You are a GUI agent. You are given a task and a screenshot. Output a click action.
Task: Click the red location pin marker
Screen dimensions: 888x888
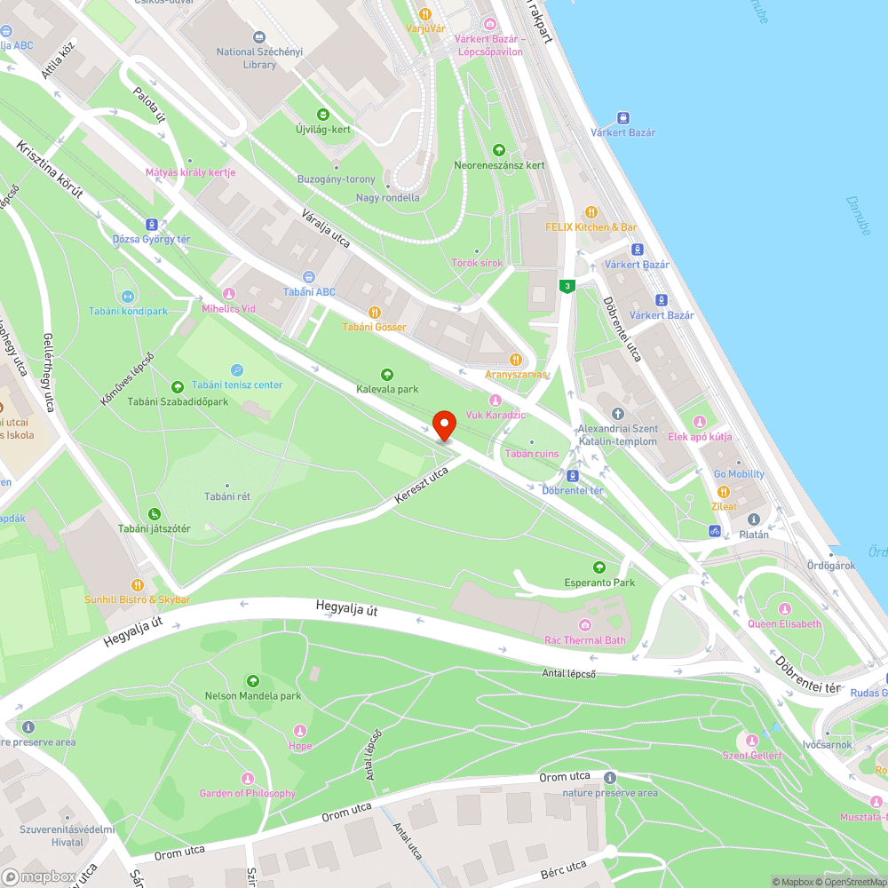tap(443, 425)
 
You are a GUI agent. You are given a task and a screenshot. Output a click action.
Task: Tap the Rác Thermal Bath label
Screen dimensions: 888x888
tap(584, 640)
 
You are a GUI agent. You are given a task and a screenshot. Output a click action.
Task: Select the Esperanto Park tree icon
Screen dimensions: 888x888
tap(600, 567)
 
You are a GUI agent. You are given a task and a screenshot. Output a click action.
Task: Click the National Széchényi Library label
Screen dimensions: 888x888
tap(259, 58)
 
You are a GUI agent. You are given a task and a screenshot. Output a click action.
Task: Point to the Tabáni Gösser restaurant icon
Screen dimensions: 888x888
tap(375, 312)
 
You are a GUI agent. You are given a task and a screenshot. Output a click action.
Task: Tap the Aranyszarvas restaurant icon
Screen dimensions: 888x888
tap(516, 360)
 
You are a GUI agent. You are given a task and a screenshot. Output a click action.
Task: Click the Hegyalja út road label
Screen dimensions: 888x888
tap(346, 607)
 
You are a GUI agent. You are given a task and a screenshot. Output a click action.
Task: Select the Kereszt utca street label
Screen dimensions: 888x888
tap(421, 488)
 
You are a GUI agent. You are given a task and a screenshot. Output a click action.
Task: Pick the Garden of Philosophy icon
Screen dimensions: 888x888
tap(248, 778)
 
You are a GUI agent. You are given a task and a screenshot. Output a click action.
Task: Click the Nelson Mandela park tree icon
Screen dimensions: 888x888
tap(253, 680)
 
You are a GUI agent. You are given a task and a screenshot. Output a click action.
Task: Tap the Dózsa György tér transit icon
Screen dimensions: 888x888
tap(152, 225)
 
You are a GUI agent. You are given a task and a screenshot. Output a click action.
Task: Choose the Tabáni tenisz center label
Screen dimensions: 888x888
tap(237, 385)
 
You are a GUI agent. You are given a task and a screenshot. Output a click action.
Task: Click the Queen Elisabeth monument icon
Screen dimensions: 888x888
tap(785, 608)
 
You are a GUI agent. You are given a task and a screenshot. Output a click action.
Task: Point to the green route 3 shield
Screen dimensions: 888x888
tap(567, 286)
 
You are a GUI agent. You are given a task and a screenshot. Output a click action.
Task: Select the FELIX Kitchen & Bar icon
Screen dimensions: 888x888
tap(591, 212)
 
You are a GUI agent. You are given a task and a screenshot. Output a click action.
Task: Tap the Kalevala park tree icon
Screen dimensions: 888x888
tap(386, 374)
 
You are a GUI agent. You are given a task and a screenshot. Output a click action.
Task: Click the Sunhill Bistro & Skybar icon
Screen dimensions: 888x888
tap(138, 584)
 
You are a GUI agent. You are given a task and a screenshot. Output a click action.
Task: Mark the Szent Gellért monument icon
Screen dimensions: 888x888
tap(752, 741)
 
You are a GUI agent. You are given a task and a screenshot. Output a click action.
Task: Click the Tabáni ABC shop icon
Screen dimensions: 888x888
tap(309, 277)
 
